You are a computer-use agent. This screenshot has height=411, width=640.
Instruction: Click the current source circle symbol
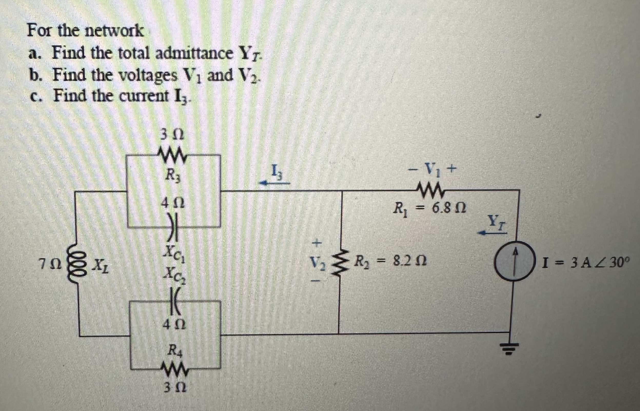[515, 260]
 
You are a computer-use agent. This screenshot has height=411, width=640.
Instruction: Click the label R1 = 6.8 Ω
[430, 208]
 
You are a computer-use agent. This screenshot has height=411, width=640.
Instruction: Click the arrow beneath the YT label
[492, 233]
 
